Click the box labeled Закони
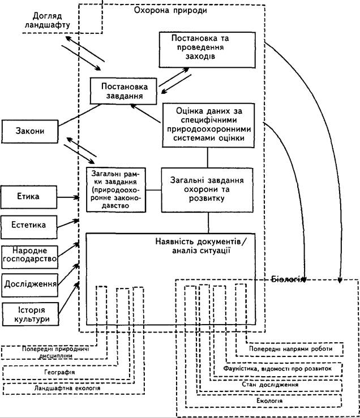(29, 131)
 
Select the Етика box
(29, 197)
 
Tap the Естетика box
(29, 227)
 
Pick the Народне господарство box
(29, 257)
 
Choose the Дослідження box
(30, 285)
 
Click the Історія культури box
(31, 314)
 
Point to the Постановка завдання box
(123, 91)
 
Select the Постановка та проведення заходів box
(207, 50)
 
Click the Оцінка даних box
(208, 126)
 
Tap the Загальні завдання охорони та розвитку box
(207, 190)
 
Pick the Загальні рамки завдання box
(116, 189)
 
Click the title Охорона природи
(170, 10)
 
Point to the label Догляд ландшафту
(47, 20)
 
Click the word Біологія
(288, 279)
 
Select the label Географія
(59, 372)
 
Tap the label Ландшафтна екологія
(67, 388)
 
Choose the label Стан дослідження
(270, 385)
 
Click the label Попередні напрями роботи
(290, 348)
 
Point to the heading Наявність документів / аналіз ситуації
(201, 246)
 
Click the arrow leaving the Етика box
(68, 197)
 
